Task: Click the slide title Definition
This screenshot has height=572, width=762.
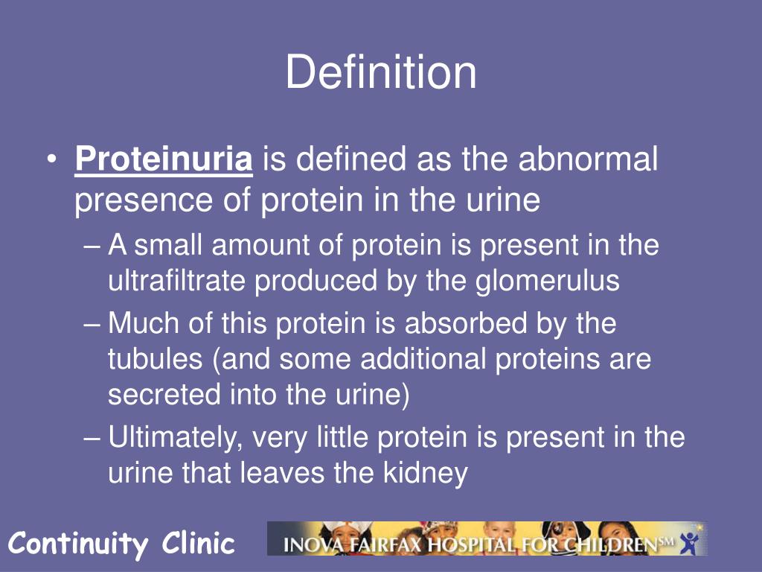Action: (x=381, y=73)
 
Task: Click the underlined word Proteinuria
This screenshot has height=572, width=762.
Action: (x=164, y=159)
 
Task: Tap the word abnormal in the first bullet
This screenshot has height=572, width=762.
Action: (x=589, y=159)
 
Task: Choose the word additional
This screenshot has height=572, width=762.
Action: (x=423, y=359)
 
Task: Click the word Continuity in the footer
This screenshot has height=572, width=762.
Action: (x=78, y=544)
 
